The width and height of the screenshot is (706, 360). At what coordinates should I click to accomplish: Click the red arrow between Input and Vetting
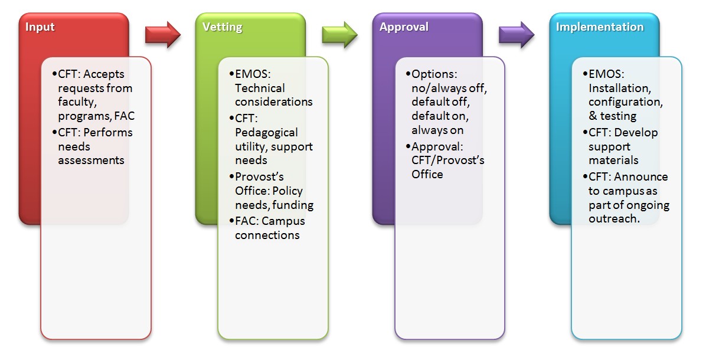[x=162, y=35]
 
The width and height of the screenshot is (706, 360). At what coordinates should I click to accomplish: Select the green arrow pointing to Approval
[x=339, y=35]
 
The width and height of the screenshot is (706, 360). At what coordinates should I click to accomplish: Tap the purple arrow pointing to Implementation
[x=516, y=35]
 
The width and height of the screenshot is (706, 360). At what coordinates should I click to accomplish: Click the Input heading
[x=40, y=27]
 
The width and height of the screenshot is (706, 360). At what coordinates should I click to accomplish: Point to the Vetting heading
[x=222, y=27]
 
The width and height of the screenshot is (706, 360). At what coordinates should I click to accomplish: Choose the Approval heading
[x=404, y=27]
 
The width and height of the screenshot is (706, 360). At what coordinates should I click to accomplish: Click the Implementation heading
[x=599, y=27]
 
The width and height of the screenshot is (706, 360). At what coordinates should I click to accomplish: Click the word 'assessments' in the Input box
[x=91, y=160]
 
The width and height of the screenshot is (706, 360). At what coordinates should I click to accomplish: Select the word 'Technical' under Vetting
[x=260, y=88]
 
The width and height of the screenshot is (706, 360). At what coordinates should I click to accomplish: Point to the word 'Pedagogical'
[x=266, y=132]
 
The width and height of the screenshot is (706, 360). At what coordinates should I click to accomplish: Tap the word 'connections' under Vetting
[x=267, y=235]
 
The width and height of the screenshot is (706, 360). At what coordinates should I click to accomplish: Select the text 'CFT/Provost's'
[x=447, y=161]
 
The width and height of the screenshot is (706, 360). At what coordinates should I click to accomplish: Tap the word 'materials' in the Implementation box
[x=613, y=160]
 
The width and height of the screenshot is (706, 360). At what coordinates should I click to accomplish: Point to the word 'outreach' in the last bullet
[x=614, y=218]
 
